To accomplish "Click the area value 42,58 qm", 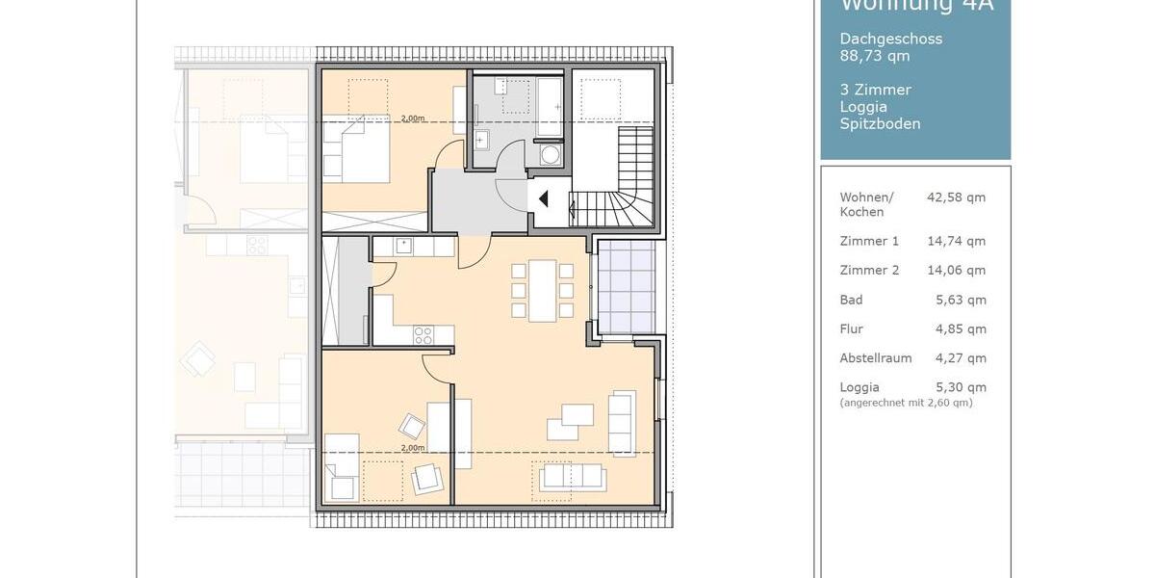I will (956, 197).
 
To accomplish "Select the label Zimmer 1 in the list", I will (869, 241).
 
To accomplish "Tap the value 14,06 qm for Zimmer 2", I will (956, 271).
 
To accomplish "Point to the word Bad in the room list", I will (851, 300).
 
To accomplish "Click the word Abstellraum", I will (875, 358).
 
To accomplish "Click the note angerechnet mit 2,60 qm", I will (906, 403).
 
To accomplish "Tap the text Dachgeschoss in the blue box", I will (890, 39).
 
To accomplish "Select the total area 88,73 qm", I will (874, 56).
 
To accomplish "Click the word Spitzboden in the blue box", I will (880, 123).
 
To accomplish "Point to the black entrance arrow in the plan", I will (544, 199).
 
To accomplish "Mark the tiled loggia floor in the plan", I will (627, 287).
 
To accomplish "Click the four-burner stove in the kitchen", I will (423, 334).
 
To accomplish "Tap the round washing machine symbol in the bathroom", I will (551, 155).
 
